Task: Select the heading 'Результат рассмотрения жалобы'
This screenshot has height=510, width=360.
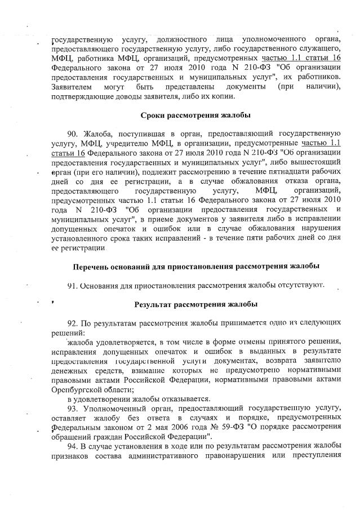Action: [x=195, y=305]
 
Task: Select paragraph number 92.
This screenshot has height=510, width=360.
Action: [x=72, y=325]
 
